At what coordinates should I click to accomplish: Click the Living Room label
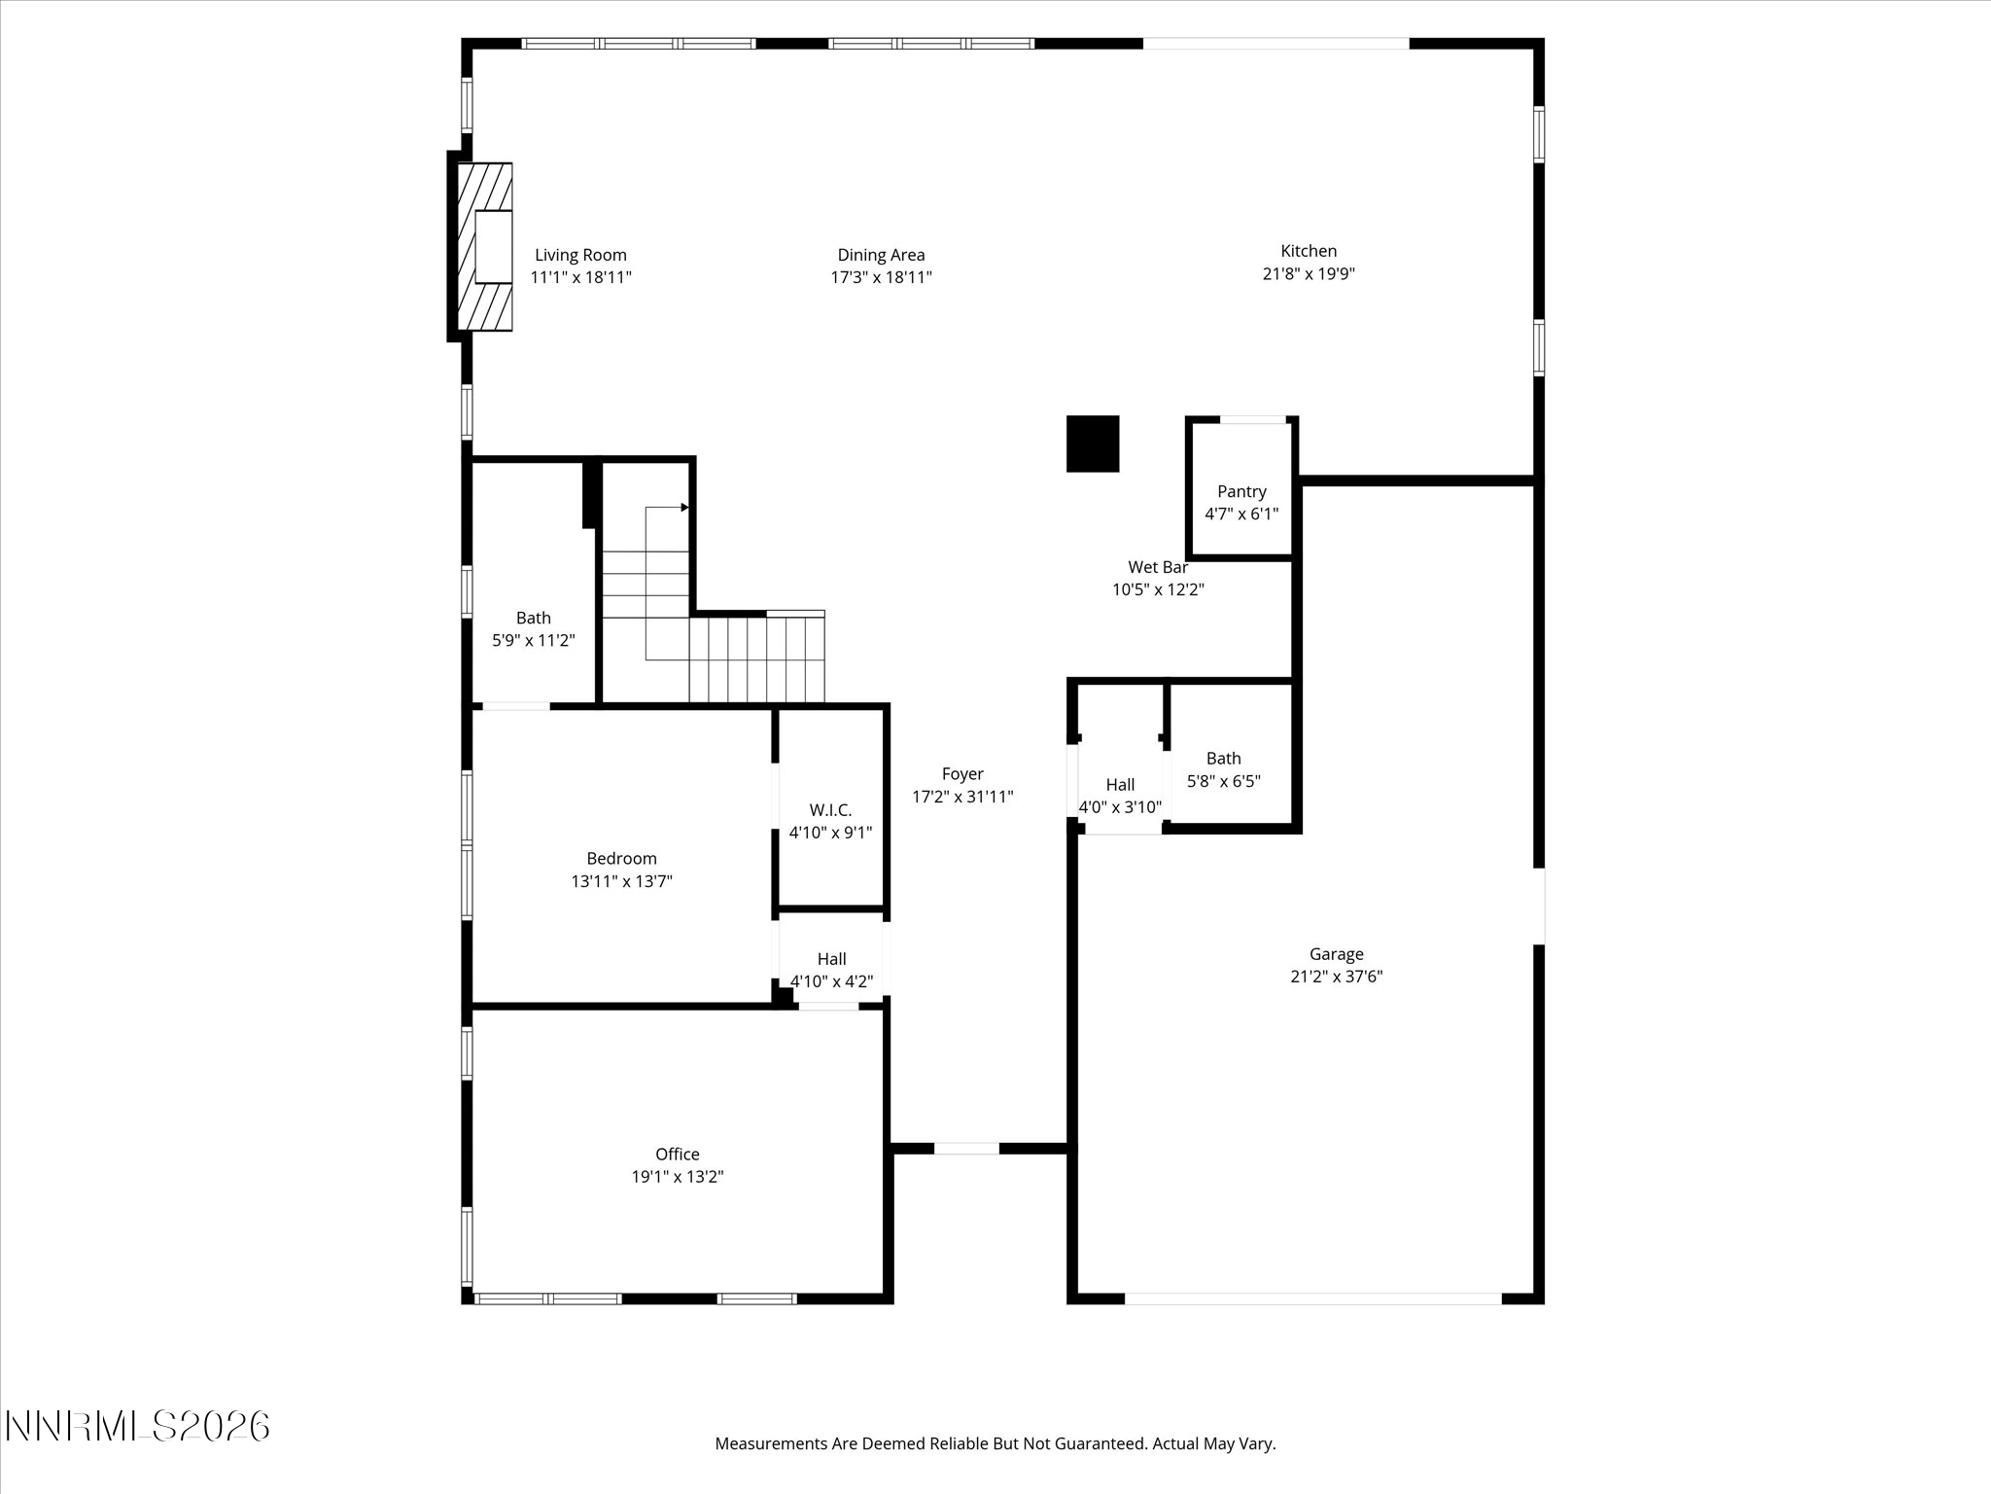tap(580, 256)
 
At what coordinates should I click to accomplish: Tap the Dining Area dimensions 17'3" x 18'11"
tap(881, 277)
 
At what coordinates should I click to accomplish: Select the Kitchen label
tap(1309, 251)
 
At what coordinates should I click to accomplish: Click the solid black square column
tap(1093, 444)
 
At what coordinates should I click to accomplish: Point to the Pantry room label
tap(1241, 492)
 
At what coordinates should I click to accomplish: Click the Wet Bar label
tap(1158, 567)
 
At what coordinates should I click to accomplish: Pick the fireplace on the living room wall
tap(484, 247)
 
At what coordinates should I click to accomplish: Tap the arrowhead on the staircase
tap(684, 507)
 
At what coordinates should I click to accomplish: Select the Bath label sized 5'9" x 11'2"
tap(533, 618)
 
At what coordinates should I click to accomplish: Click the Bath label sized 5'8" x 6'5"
tap(1223, 759)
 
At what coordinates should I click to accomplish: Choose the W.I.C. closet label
tap(830, 810)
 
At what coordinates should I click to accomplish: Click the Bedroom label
tap(621, 859)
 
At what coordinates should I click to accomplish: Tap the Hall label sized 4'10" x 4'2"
tap(831, 959)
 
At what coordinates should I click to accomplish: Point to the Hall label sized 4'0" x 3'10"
tap(1120, 785)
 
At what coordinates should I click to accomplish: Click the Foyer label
tap(962, 774)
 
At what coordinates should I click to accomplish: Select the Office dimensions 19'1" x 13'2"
tap(678, 1177)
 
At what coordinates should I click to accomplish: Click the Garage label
tap(1336, 954)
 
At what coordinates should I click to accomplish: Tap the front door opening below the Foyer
tap(966, 1149)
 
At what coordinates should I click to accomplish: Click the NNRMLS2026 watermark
tap(137, 1427)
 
